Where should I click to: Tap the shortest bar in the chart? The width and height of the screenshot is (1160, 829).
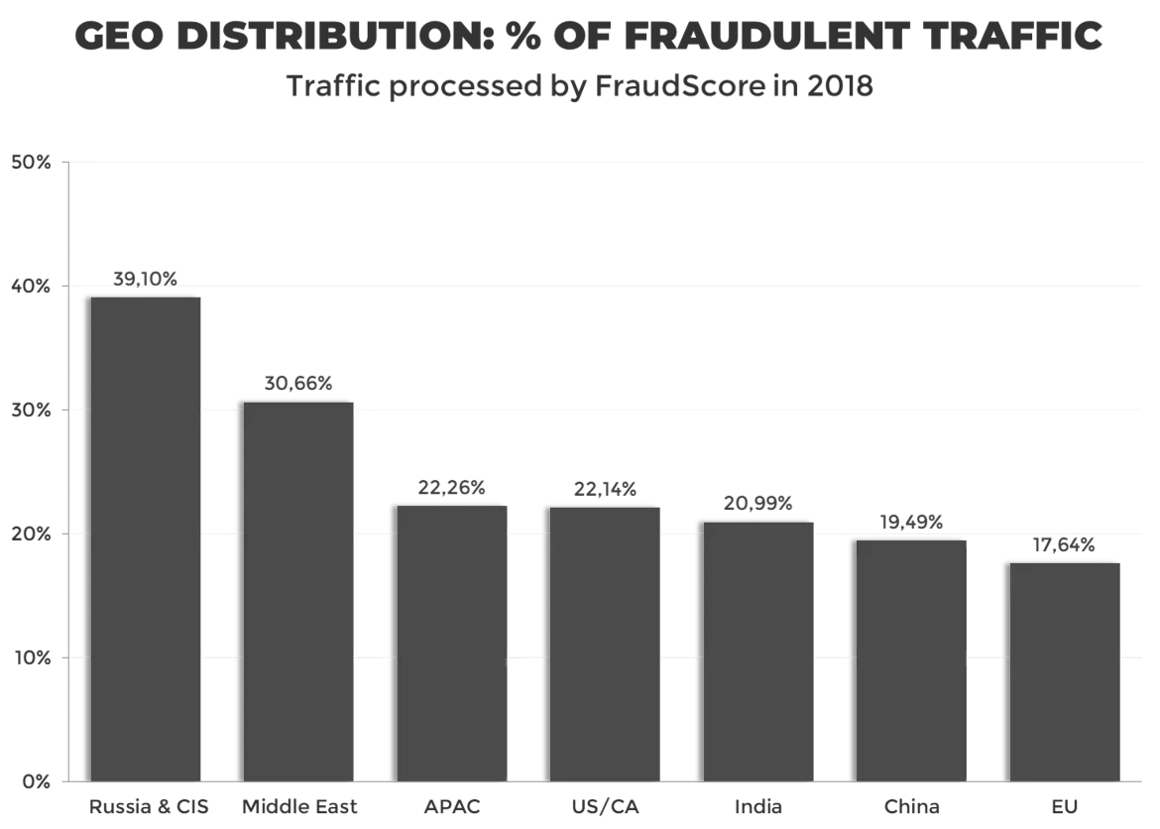pyautogui.click(x=1068, y=669)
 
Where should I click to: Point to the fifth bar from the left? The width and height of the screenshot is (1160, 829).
pyautogui.click(x=759, y=650)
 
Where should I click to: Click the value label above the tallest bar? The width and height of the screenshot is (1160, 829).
pyautogui.click(x=147, y=278)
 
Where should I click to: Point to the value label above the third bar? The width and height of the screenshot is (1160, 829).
pyautogui.click(x=451, y=487)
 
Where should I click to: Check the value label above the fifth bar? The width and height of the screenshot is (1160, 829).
pyautogui.click(x=757, y=503)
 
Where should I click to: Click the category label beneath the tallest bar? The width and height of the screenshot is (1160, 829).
pyautogui.click(x=149, y=804)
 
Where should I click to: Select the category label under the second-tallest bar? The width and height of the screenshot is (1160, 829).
pyautogui.click(x=300, y=804)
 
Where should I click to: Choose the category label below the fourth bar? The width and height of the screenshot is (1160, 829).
pyautogui.click(x=606, y=804)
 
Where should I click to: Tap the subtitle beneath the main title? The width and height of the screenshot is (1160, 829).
pyautogui.click(x=581, y=88)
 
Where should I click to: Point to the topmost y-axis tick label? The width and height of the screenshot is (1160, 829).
pyautogui.click(x=32, y=162)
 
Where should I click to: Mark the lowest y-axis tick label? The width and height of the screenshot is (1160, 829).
pyautogui.click(x=34, y=780)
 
